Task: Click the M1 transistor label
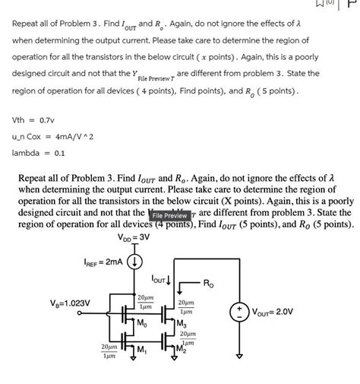coord(141,350)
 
